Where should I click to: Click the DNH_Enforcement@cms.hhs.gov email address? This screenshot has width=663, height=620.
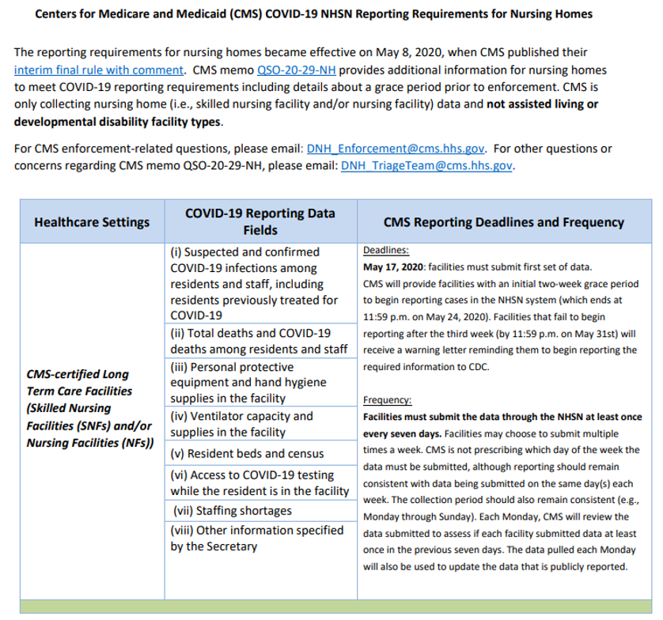[x=396, y=148]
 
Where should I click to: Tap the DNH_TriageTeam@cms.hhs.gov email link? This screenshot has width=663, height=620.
[x=426, y=165]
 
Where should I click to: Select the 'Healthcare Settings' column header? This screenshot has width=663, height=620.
[x=92, y=222]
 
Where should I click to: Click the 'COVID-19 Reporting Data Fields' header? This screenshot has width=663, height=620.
[x=260, y=221]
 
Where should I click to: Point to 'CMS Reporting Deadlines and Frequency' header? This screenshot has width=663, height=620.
[x=503, y=222]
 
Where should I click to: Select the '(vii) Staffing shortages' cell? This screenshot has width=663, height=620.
[x=221, y=510]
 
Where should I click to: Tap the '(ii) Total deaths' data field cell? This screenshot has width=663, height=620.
[x=260, y=341]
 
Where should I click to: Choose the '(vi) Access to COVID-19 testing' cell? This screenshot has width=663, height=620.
[x=260, y=482]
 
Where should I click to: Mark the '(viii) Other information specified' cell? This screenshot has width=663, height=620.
[x=257, y=538]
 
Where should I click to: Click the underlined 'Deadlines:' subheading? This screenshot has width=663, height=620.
[x=385, y=250]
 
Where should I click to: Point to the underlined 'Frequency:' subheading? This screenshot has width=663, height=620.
[x=387, y=399]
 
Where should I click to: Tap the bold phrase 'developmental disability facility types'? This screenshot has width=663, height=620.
[x=118, y=122]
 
